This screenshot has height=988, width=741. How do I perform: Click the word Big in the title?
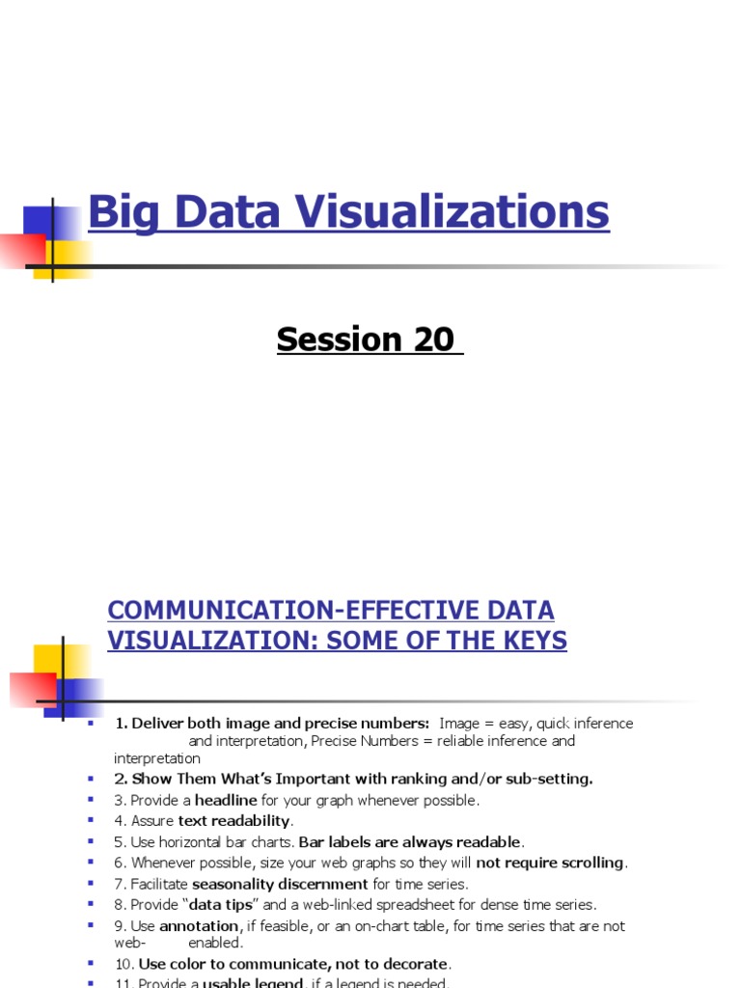(x=122, y=212)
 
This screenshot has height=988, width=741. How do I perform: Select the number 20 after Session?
(x=434, y=340)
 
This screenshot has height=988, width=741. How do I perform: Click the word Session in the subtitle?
(x=339, y=340)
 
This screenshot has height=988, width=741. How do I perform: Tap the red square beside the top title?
(x=21, y=250)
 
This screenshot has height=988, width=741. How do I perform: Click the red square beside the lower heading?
(x=32, y=690)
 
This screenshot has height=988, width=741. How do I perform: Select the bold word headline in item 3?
(x=226, y=800)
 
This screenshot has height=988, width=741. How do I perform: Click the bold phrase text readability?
(x=234, y=821)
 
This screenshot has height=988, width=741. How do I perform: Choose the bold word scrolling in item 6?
(x=587, y=863)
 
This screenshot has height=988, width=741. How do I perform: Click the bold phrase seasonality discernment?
(x=280, y=884)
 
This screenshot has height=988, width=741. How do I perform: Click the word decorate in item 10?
(x=416, y=964)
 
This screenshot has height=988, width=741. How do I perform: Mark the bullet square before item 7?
(x=91, y=884)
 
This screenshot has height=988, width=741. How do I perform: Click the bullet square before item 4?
(x=91, y=821)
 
